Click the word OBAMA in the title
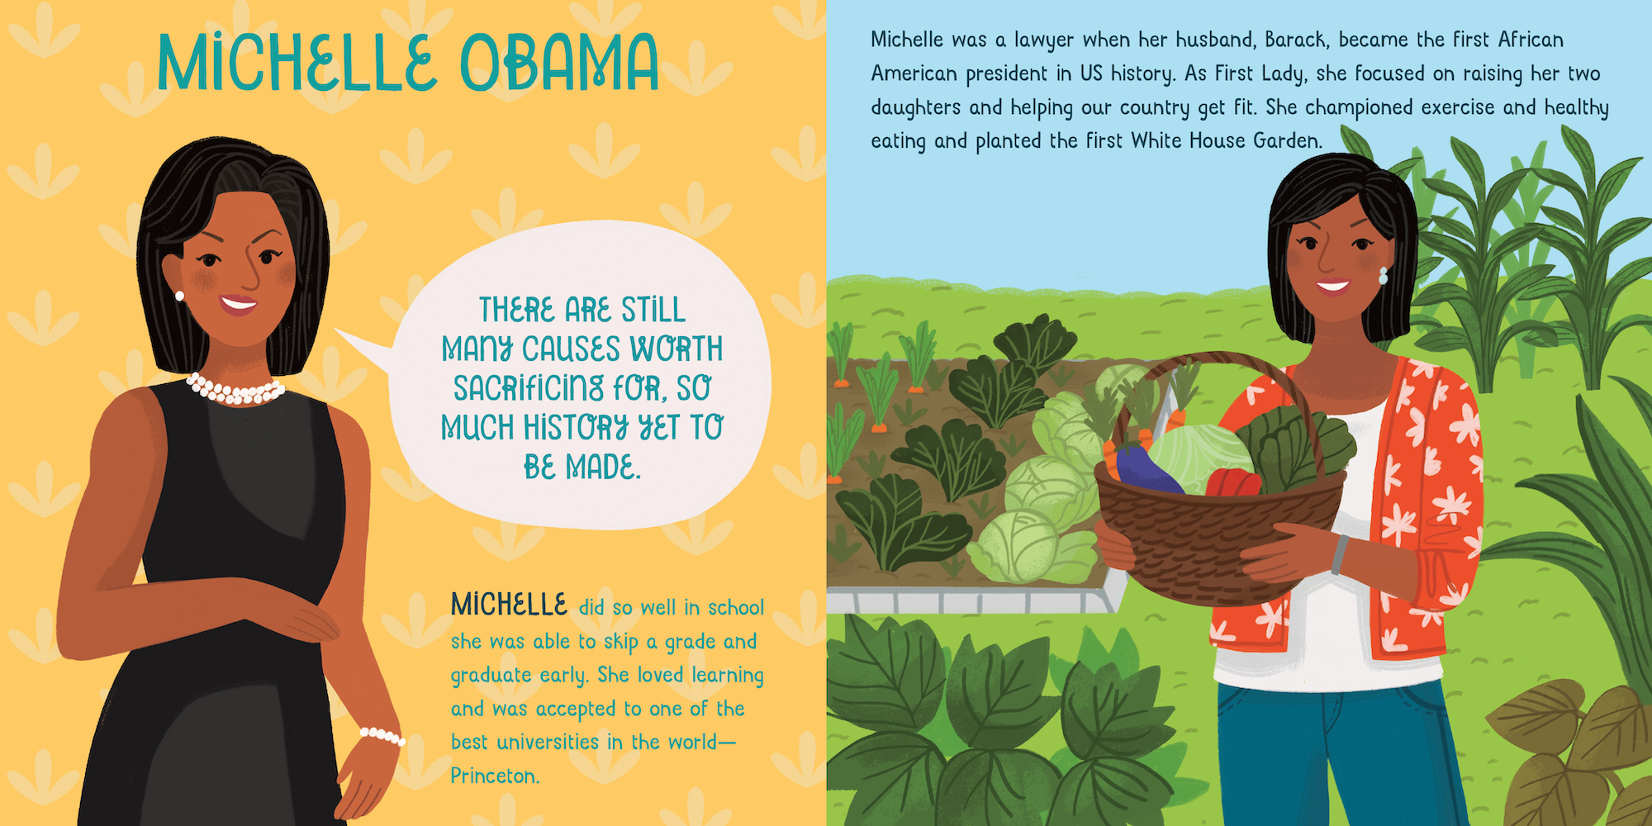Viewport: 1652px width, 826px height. pos(559,63)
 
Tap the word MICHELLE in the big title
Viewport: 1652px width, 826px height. pos(297,63)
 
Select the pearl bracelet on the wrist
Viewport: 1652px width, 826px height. pos(382,735)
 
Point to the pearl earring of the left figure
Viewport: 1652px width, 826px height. pos(179,295)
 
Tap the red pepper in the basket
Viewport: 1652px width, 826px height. pos(1233,482)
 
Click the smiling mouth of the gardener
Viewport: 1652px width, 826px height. pos(1332,287)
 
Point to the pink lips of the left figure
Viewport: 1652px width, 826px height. pos(238,303)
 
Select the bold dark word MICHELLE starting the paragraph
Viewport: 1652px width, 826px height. pos(509,605)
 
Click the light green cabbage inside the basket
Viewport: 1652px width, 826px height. pos(1197,458)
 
